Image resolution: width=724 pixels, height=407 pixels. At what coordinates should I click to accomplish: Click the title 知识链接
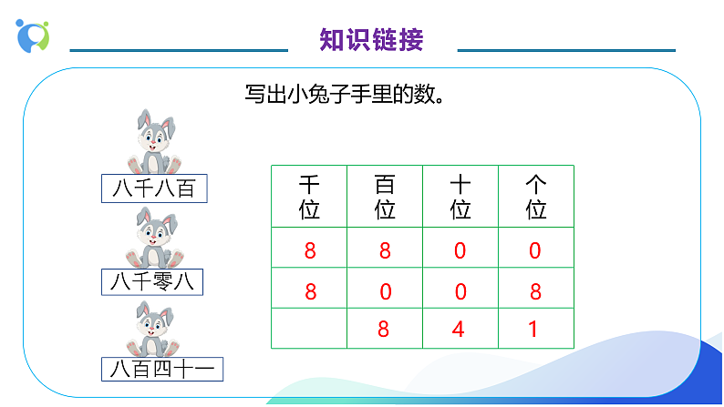372,40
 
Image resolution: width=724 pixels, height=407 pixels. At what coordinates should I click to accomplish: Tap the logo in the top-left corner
33,34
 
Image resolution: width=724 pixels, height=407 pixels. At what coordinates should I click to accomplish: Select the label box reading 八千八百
154,189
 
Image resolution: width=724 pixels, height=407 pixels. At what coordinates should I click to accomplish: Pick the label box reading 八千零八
152,282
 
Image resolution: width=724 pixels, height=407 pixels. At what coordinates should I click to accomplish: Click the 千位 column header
309,197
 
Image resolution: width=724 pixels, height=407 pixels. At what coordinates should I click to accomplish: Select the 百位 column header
385,197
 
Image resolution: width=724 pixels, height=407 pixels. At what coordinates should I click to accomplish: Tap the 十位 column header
460,197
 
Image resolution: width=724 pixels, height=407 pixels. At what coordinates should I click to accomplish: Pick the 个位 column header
536,197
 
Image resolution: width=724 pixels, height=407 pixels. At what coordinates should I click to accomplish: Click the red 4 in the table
459,329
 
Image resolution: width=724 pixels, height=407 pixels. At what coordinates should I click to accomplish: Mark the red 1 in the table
534,329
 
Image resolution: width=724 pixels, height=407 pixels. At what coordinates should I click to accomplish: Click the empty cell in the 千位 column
309,329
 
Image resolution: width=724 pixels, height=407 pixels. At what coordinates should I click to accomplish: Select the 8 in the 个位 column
535,291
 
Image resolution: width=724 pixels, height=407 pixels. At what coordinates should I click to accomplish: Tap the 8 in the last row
384,329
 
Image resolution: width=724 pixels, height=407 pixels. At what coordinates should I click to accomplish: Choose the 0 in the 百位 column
385,291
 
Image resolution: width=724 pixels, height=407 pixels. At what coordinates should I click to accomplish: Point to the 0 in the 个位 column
535,250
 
